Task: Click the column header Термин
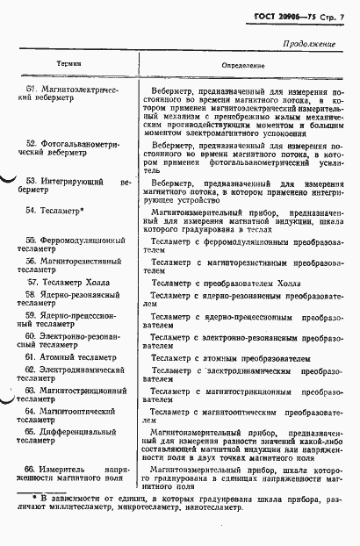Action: coord(70,64)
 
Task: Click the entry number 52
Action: coord(30,143)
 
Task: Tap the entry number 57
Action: coord(32,283)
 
